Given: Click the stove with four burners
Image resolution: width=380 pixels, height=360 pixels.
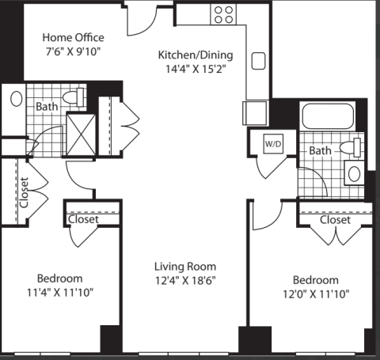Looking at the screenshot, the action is coord(223,14).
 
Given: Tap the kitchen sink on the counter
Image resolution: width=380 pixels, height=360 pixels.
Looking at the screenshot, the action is coord(258,61).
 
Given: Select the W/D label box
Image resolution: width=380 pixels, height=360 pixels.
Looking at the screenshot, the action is coord(273,144).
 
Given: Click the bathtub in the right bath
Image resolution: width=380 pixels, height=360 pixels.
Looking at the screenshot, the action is coord(328,116).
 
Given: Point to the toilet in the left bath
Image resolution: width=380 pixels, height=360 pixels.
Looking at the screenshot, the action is coord(74,97).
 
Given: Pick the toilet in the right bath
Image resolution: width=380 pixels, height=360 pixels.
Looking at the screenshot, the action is coord(350,147).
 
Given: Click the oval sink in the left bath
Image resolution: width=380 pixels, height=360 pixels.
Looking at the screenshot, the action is coord(17,99).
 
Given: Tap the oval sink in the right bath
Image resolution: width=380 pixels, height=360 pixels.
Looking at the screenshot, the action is coord(354,173).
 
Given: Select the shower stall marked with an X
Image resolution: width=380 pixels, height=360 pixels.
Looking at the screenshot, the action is coord(81,135).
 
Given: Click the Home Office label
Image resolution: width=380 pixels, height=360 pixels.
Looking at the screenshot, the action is coord(73,37).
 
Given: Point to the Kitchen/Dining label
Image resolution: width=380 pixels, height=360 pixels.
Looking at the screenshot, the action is coord(196,55).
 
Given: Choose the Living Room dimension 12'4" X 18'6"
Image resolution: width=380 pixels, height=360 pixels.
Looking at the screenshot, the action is coord(185,280).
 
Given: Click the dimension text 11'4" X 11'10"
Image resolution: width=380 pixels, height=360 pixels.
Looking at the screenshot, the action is coord(60,293).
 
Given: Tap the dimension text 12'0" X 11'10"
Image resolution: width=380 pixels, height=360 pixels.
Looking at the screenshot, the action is coord(316,294).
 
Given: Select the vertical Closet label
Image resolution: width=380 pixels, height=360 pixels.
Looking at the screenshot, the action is coord(24,192).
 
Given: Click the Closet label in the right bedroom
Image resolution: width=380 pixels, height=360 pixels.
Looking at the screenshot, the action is coord(335,220).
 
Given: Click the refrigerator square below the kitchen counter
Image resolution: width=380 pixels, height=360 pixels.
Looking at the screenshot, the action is coord(255,113).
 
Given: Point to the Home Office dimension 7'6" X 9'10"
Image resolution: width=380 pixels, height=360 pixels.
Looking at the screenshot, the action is coord(73,51).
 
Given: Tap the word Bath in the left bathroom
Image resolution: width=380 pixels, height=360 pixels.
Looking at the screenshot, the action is coord(47,107).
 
